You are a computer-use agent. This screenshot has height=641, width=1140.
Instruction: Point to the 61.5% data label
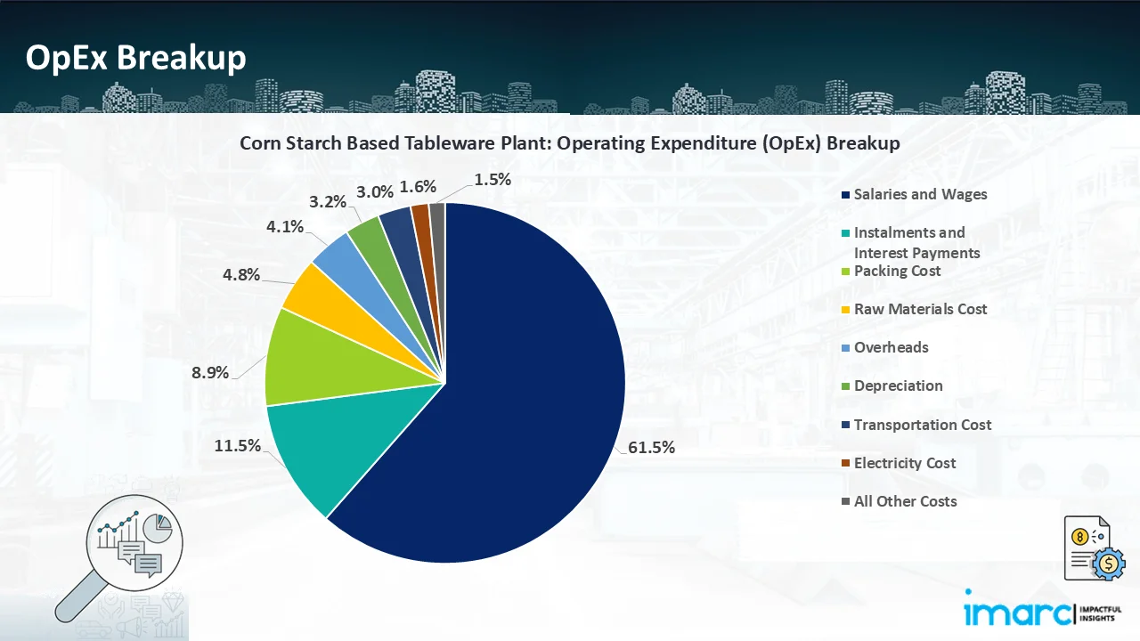point(651,448)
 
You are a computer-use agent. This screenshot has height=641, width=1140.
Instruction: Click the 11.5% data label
point(237,446)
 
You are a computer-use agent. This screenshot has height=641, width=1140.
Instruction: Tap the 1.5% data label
point(493,179)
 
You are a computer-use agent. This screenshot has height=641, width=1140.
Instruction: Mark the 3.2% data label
point(328,202)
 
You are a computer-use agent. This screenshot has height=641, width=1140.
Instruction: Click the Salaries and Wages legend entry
point(920,194)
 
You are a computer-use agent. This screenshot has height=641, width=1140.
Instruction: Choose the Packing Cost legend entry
point(897,271)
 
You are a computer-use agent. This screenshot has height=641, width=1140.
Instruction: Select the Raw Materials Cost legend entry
point(920,309)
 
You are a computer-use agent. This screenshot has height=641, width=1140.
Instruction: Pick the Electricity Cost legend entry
point(904,463)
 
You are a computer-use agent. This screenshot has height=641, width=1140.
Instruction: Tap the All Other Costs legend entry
point(905,501)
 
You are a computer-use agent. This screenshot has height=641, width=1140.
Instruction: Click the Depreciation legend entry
point(898,385)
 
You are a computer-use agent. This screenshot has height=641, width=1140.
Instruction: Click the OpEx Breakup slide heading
point(135,58)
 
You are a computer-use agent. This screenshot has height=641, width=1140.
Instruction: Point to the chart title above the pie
point(570,142)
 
